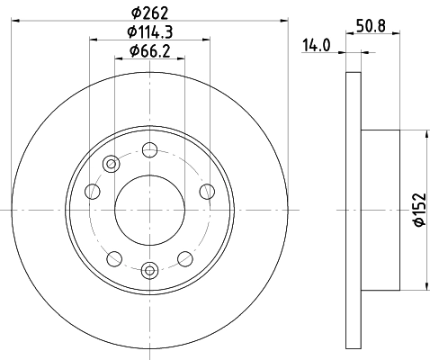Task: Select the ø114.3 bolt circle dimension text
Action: pyautogui.click(x=150, y=31)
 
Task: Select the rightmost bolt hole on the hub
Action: pyautogui.click(x=207, y=190)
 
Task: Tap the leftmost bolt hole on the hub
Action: pyautogui.click(x=92, y=190)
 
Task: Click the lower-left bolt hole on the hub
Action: pyautogui.click(x=113, y=257)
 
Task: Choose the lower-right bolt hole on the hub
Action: pyautogui.click(x=186, y=257)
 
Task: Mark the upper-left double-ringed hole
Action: pyautogui.click(x=112, y=164)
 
